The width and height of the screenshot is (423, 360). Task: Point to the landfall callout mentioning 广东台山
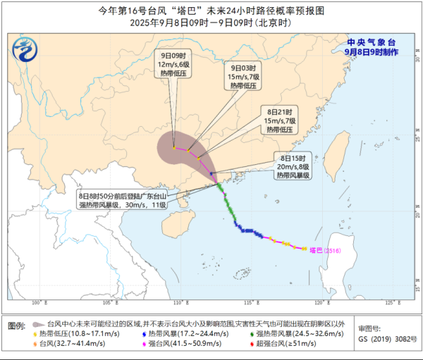click(123, 200)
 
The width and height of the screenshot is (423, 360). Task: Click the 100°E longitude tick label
click(38, 302)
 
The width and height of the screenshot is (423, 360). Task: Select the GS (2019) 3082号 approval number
click(384, 339)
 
